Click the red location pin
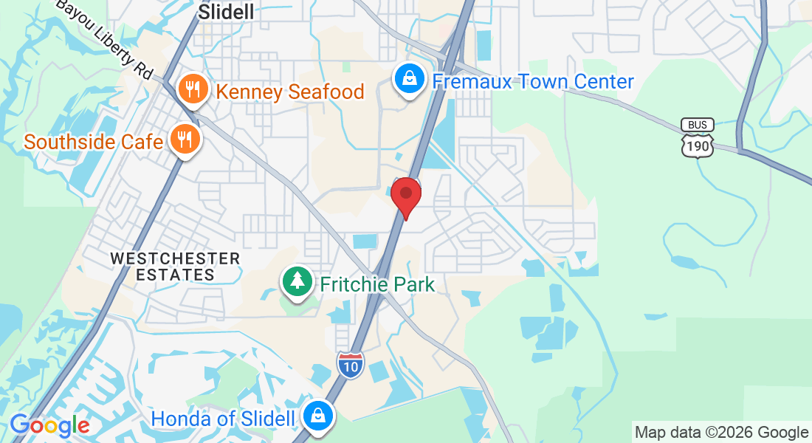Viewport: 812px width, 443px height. point(405,195)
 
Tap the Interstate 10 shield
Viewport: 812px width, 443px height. point(351,365)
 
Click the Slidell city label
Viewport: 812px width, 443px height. point(227,12)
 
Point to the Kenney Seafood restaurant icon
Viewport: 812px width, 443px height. point(193,89)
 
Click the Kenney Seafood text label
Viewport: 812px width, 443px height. point(290,92)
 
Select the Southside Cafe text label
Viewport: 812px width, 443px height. point(93,141)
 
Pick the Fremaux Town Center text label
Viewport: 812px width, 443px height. point(533,81)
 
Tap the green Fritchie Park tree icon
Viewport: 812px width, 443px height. point(297,281)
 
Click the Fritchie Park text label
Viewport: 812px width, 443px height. point(376,284)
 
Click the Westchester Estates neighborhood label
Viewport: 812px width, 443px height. point(175,267)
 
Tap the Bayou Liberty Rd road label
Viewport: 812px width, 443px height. point(103,38)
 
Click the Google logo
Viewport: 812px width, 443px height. point(49,426)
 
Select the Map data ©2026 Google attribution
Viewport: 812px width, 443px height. point(722,433)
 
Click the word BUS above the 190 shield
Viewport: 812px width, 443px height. point(698,125)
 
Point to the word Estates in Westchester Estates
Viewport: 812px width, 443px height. point(175,275)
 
